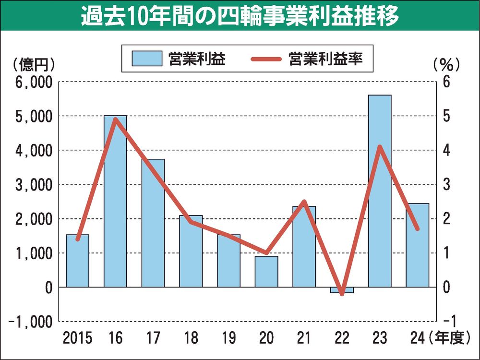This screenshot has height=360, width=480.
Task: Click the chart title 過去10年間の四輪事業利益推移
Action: (240, 17)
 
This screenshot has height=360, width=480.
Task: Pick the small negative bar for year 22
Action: (342, 290)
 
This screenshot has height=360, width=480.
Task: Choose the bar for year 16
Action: (115, 201)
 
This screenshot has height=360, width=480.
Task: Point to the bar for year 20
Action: (266, 271)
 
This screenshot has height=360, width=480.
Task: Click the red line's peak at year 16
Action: (116, 119)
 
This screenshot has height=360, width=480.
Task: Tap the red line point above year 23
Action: (380, 147)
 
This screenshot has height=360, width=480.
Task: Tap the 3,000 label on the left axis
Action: (33, 184)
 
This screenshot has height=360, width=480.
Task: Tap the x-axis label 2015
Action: (77, 339)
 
